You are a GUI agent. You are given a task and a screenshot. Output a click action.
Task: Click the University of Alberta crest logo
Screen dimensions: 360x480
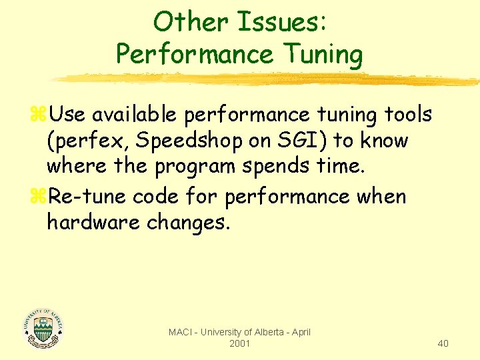coord(43,328)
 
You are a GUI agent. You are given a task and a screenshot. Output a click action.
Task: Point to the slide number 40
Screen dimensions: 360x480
coord(443,343)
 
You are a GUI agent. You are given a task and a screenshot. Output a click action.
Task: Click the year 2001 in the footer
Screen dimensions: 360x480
coord(239,343)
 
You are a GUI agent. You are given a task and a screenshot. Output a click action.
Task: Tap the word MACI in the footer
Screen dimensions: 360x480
coord(181,332)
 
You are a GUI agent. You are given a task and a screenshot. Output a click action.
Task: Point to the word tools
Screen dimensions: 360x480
coord(407,115)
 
